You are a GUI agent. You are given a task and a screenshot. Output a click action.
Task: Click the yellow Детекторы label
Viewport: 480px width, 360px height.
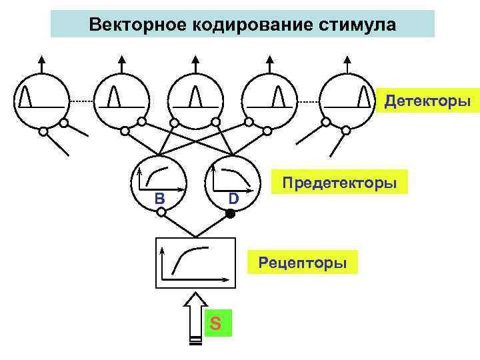427,102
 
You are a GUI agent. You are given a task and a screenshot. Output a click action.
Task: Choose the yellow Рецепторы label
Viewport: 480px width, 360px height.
303,263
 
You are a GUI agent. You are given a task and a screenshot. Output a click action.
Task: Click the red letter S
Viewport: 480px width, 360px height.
216,323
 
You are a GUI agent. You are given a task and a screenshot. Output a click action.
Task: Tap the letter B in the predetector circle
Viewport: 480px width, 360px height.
159,198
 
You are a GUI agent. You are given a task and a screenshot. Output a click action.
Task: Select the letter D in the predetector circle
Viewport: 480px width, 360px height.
233,198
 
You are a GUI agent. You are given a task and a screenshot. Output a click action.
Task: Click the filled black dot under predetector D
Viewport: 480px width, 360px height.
230,214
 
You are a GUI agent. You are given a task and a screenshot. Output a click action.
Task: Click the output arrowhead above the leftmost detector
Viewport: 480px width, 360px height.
41,59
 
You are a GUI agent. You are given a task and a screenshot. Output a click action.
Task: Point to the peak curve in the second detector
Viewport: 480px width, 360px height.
114,96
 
